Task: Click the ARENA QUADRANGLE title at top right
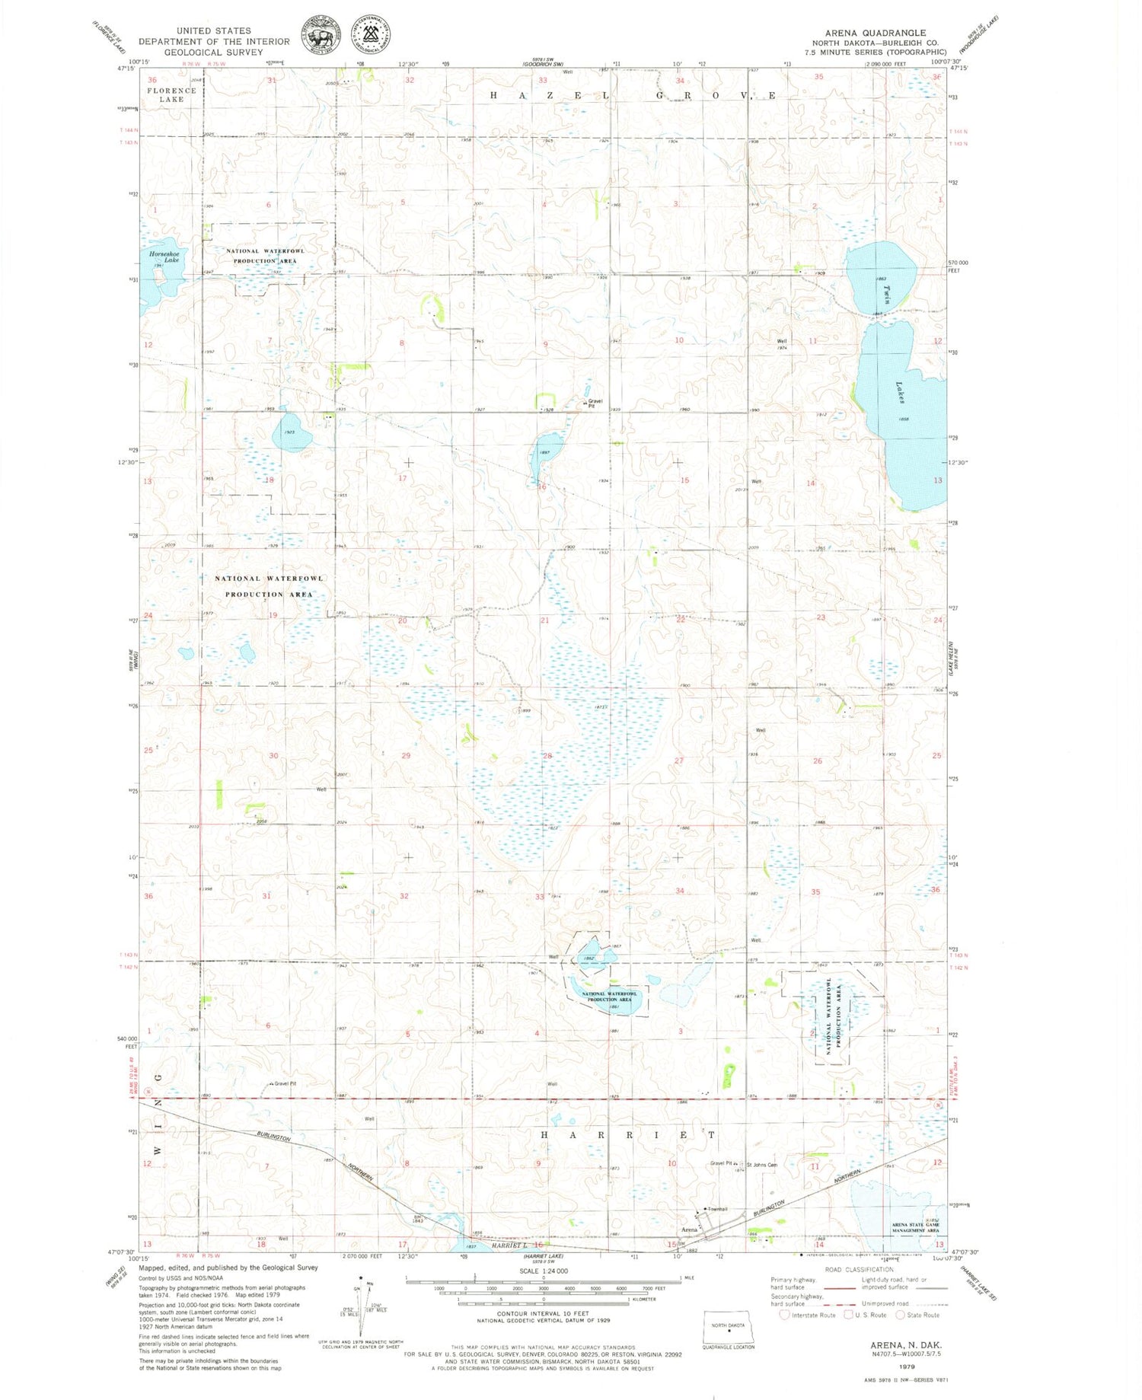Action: [x=875, y=33]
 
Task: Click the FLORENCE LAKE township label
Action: [x=172, y=94]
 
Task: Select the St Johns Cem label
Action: [x=761, y=1165]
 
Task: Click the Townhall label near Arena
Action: [x=717, y=1209]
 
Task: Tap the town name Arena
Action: [x=690, y=1229]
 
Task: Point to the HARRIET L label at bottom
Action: [x=509, y=1245]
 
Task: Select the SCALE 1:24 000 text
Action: [x=544, y=1271]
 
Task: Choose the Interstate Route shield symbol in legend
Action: [x=784, y=1315]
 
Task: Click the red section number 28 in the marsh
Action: [x=547, y=756]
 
